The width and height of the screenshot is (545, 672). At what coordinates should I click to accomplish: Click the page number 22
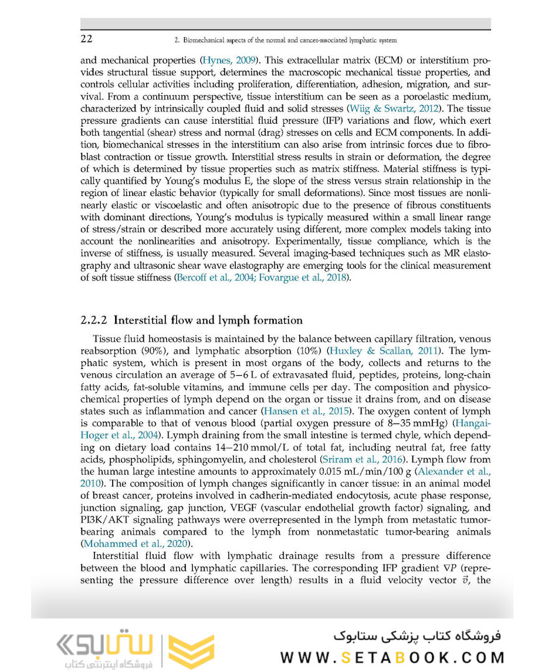pyautogui.click(x=87, y=40)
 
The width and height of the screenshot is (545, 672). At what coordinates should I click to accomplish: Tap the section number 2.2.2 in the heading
pyautogui.click(x=95, y=320)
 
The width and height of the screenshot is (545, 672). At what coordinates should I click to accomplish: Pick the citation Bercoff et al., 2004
pyautogui.click(x=212, y=278)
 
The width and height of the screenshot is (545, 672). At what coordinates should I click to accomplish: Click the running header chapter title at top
pyautogui.click(x=286, y=40)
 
